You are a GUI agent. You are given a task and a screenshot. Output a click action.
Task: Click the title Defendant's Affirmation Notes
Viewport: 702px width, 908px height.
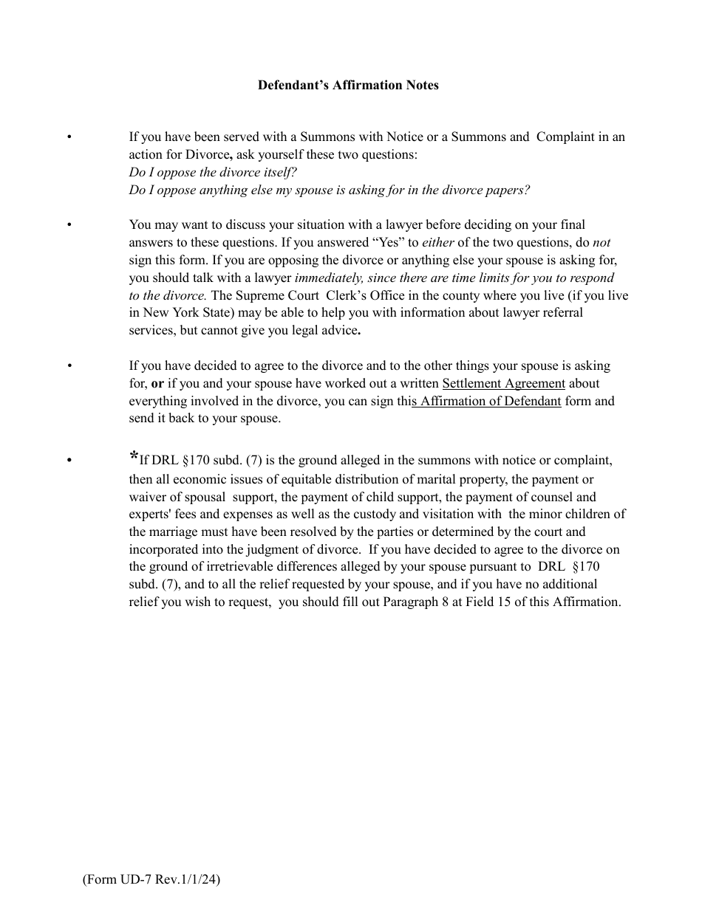pyautogui.click(x=348, y=85)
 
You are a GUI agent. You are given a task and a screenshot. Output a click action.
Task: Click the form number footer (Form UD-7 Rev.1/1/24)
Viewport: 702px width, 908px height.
pyautogui.click(x=151, y=879)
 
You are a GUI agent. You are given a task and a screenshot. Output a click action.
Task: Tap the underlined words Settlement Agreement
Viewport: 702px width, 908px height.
pyautogui.click(x=503, y=383)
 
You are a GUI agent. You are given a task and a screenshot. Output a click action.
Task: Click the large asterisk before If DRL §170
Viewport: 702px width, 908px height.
pyautogui.click(x=134, y=456)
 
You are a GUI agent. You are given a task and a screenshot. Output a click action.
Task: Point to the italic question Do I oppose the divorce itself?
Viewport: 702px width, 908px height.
pyautogui.click(x=213, y=172)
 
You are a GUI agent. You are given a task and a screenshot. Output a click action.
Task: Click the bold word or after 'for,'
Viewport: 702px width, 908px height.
pyautogui.click(x=157, y=383)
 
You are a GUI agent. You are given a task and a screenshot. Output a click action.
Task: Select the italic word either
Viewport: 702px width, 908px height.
pyautogui.click(x=438, y=242)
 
